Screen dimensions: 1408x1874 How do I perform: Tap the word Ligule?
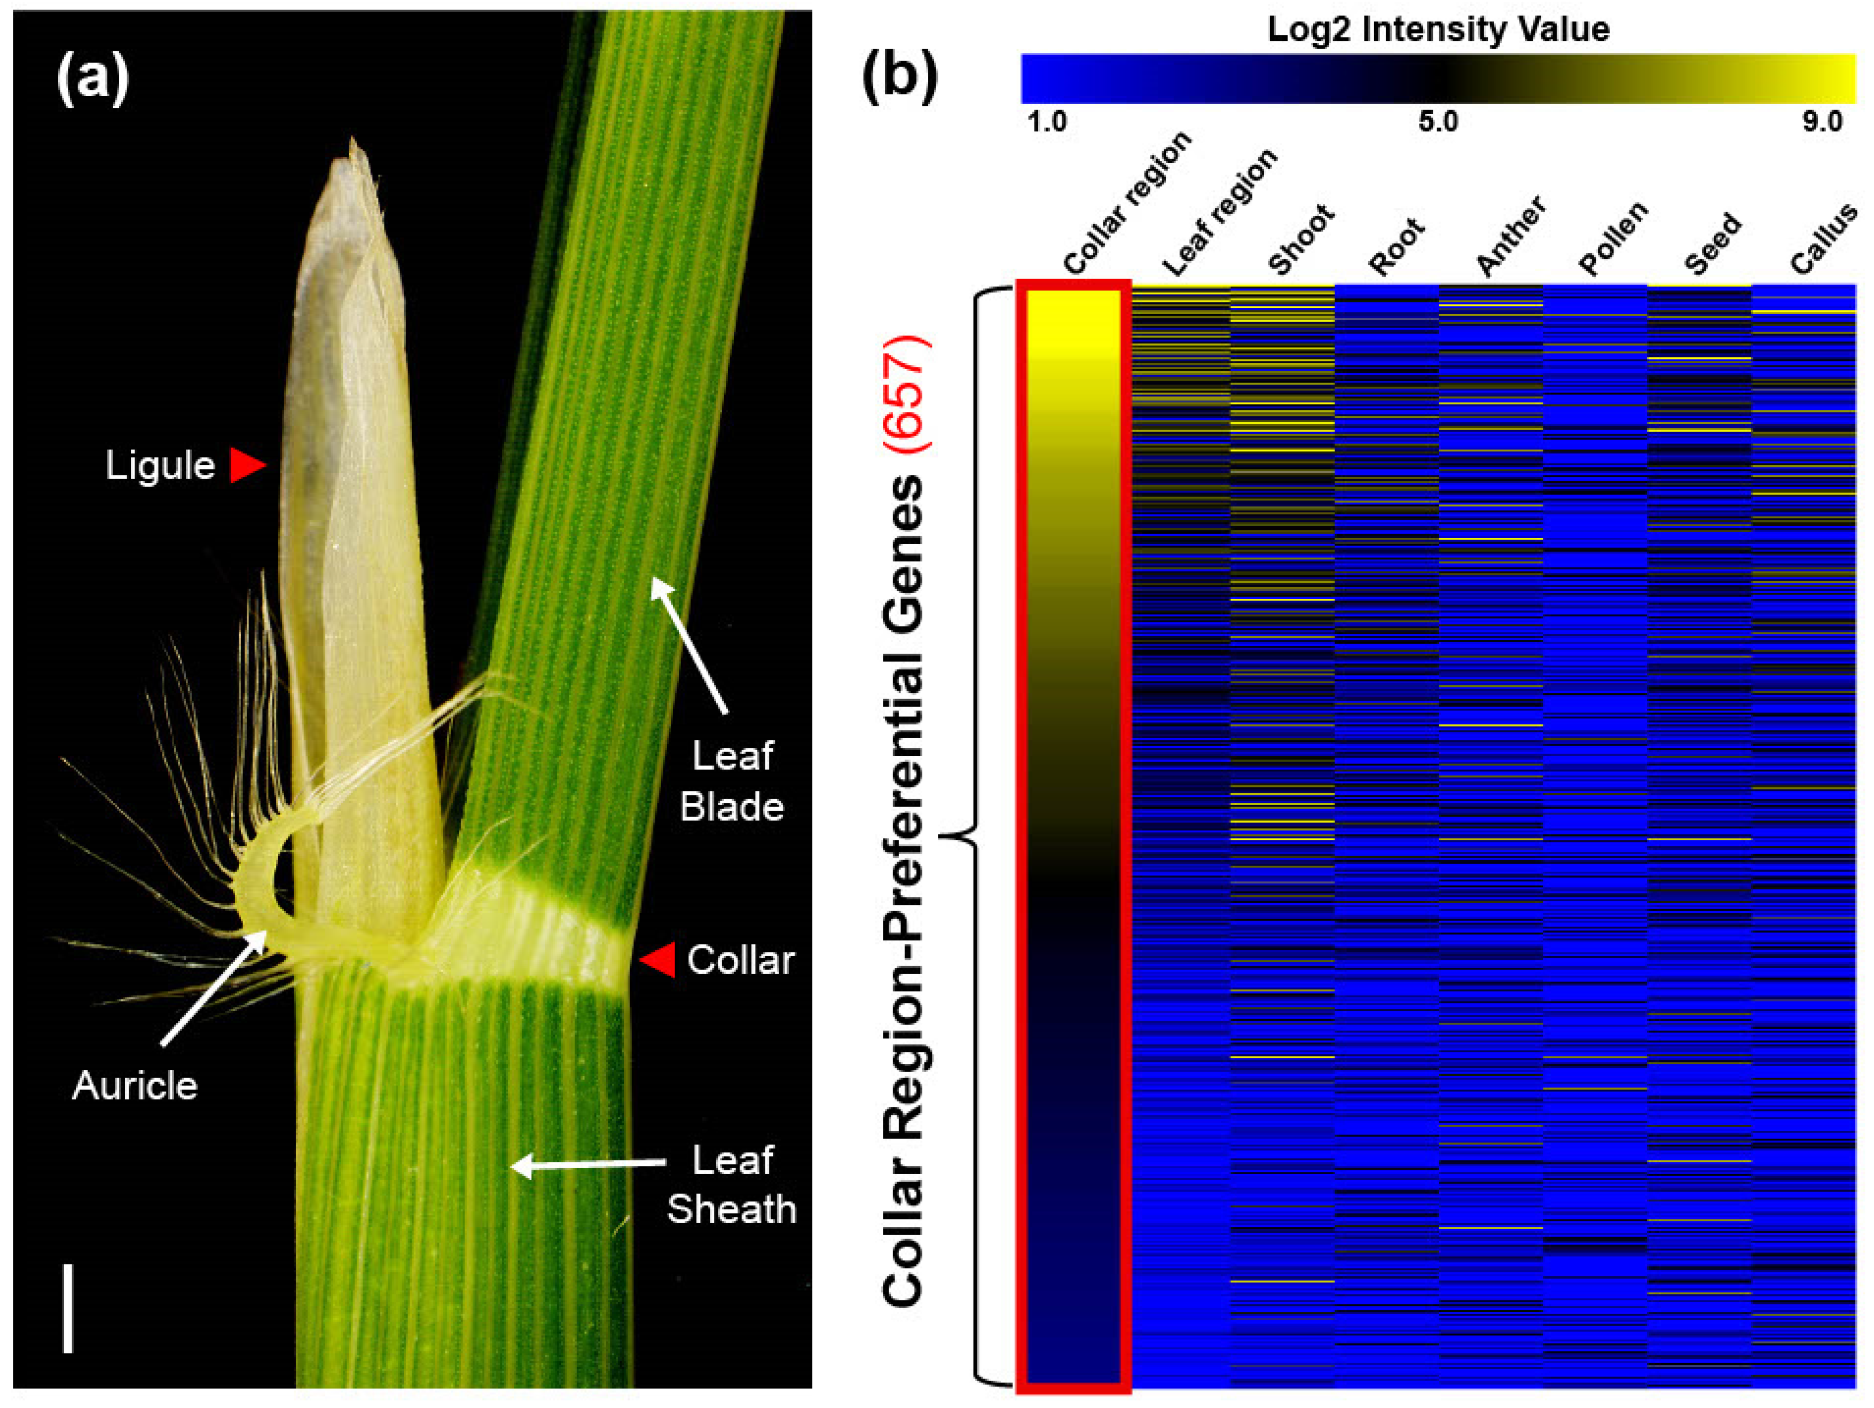pos(160,466)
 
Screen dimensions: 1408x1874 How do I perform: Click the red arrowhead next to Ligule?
pos(248,466)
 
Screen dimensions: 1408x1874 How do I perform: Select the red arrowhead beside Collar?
pos(657,960)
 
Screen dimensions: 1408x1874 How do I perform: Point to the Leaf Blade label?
pos(732,781)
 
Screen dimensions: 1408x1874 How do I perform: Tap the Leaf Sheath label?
pos(732,1184)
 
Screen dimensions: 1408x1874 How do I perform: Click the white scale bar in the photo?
pos(68,1309)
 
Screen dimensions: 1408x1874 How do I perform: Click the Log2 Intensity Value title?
pos(1438,30)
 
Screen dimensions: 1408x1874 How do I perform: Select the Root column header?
pos(1398,247)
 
